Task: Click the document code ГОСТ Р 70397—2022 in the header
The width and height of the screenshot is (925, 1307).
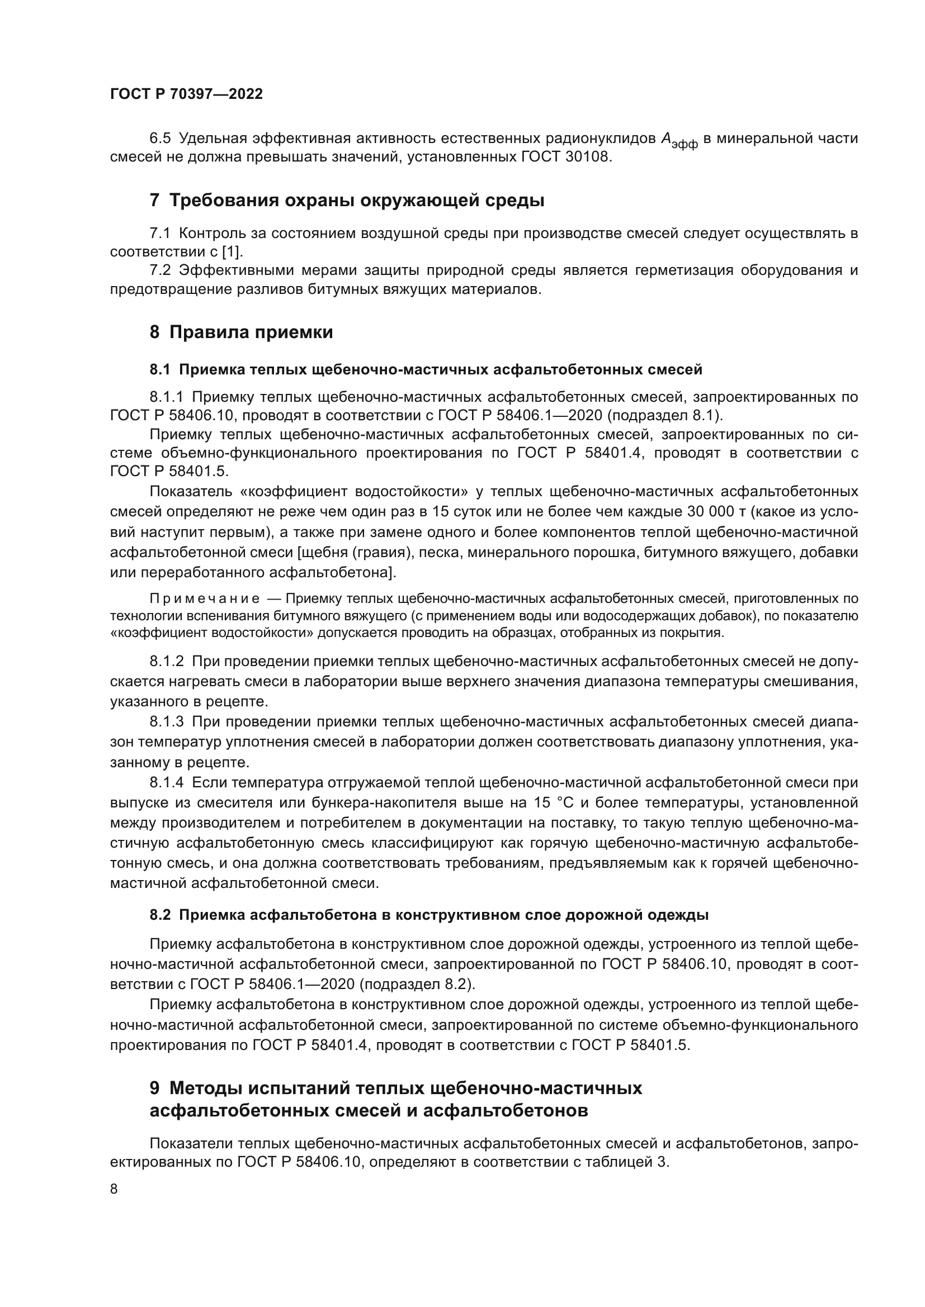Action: pos(186,94)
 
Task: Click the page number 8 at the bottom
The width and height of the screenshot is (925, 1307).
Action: pos(114,1189)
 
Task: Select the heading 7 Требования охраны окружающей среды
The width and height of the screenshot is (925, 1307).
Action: pos(346,201)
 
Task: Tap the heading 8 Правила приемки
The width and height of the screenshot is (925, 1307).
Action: pos(241,332)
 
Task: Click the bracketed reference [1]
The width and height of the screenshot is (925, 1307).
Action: pos(232,251)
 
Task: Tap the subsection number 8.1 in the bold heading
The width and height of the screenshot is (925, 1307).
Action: pos(160,370)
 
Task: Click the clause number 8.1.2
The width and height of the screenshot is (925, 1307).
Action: pos(166,662)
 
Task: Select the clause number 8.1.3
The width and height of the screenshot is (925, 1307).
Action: pos(166,722)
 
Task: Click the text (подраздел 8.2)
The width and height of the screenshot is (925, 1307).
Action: pos(418,983)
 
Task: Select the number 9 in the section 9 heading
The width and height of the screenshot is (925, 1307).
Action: pos(154,1088)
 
